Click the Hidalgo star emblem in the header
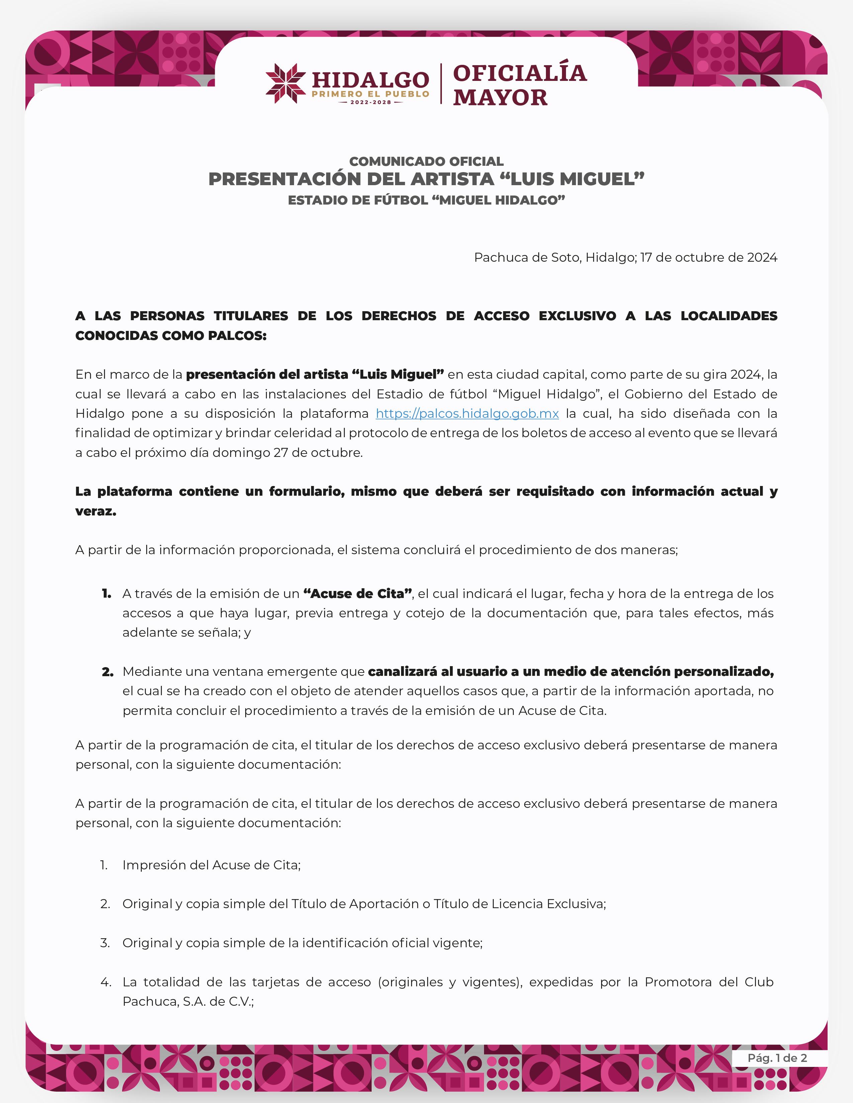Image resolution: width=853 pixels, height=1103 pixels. pyautogui.click(x=286, y=83)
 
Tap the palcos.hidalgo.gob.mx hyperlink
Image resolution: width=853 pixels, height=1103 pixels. pyautogui.click(x=467, y=414)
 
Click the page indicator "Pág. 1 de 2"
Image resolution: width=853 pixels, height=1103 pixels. pyautogui.click(x=777, y=1058)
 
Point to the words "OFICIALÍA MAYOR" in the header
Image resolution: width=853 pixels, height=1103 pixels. pyautogui.click(x=519, y=85)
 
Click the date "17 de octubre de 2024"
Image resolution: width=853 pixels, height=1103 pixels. pyautogui.click(x=708, y=258)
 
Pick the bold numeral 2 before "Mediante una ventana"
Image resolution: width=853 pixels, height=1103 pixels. pyautogui.click(x=107, y=672)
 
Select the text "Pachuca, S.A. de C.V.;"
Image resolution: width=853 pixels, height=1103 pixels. pyautogui.click(x=188, y=1001)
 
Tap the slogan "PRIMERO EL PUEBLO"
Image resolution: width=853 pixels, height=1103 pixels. pyautogui.click(x=370, y=94)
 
